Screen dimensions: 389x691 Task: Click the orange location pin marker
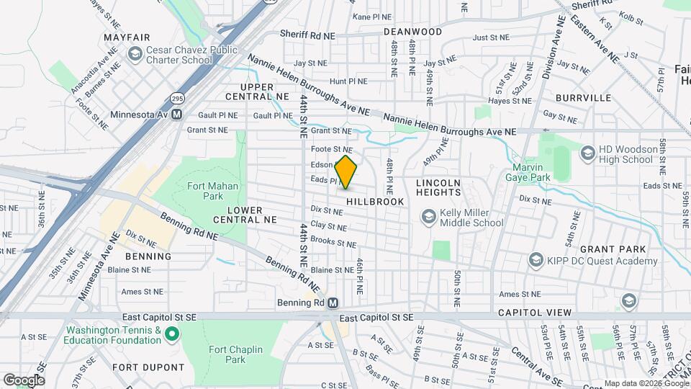[x=346, y=172]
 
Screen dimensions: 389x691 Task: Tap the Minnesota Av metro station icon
[x=176, y=114]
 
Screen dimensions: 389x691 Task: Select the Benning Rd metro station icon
[x=333, y=303]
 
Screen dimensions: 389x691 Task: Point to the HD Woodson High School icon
[x=587, y=153]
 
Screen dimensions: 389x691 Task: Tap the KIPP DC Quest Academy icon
[x=535, y=259]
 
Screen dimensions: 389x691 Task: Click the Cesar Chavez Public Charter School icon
[x=135, y=54]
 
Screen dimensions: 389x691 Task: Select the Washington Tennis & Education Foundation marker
[x=171, y=334]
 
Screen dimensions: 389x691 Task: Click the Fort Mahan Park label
[x=205, y=190]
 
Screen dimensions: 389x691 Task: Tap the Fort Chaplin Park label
[x=235, y=354]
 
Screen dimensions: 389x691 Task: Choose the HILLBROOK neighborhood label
[x=375, y=202]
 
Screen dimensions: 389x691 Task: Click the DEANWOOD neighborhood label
[x=412, y=32]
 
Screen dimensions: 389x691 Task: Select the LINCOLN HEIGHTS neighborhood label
[x=438, y=187]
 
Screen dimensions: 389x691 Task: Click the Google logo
[x=24, y=380]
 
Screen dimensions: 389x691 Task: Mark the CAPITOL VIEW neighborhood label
[x=534, y=313]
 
